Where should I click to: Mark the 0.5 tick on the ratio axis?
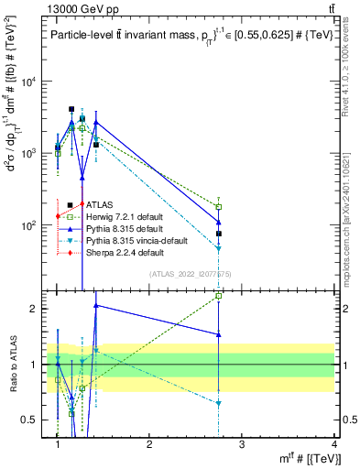coord(36,420)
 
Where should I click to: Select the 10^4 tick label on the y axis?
coord(30,82)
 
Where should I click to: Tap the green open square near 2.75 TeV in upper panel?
coord(219,207)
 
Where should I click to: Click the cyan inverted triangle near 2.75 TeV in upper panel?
coord(219,248)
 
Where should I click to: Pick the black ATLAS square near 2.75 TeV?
coord(219,234)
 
